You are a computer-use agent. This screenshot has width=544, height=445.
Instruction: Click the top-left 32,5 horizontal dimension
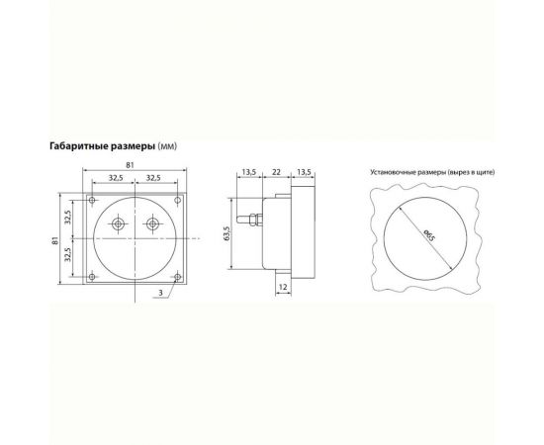(x=117, y=179)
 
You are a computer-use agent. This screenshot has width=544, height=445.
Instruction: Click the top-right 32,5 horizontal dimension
(x=154, y=179)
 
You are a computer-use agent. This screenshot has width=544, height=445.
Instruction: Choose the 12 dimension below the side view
(x=283, y=287)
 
